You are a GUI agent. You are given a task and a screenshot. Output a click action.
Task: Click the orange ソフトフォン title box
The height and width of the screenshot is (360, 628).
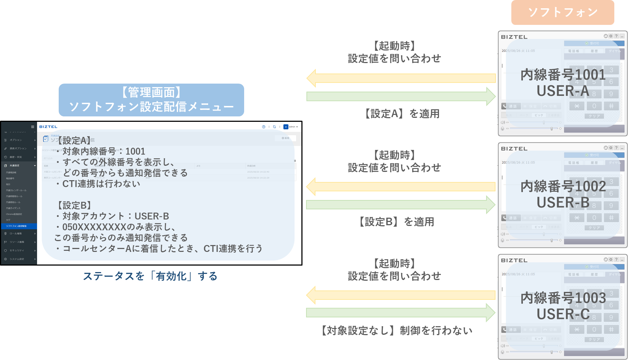[x=562, y=13]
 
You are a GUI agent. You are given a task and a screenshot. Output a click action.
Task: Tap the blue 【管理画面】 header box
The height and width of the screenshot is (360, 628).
[x=151, y=100]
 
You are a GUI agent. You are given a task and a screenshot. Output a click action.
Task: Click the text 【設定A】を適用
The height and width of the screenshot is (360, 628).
[x=402, y=114]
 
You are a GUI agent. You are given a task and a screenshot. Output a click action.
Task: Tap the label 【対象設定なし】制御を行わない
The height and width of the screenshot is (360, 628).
[x=396, y=330]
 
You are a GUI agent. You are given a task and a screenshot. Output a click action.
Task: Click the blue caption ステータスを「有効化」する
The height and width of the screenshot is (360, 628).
[x=150, y=276]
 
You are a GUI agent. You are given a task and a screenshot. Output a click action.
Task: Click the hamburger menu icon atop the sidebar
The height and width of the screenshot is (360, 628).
[x=32, y=127]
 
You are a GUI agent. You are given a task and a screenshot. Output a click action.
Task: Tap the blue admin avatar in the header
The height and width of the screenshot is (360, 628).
[x=286, y=127]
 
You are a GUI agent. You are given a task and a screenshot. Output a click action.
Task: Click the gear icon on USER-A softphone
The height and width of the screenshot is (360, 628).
[x=611, y=36]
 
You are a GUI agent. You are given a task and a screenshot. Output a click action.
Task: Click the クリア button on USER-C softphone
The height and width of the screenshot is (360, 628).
[x=594, y=339]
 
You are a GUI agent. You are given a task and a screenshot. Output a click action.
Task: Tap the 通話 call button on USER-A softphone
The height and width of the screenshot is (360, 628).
[x=510, y=106]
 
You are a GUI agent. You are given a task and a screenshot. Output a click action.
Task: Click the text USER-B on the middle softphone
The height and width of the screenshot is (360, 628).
[x=563, y=203]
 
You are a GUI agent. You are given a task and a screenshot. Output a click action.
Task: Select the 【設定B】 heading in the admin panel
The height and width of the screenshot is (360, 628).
[x=74, y=205]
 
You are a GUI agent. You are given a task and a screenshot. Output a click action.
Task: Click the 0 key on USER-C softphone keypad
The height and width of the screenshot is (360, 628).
[x=594, y=329]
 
